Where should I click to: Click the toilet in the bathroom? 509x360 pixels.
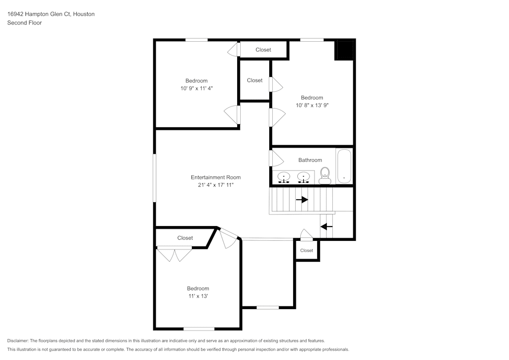pos(325,176)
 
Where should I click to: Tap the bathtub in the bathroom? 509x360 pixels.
pos(344,166)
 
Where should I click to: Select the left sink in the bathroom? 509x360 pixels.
pos(284,177)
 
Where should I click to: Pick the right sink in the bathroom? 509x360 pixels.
pos(303,177)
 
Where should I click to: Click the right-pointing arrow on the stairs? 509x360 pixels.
pos(302,200)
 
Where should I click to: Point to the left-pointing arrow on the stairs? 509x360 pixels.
pos(326,226)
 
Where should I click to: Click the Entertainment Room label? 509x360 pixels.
pos(216,177)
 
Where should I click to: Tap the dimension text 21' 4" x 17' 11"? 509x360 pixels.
pos(216,185)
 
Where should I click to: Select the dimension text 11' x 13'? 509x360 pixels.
pos(197,296)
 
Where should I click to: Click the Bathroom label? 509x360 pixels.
pos(310,160)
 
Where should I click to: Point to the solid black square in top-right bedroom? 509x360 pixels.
pos(344,50)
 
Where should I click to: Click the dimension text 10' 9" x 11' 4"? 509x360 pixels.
pos(196,88)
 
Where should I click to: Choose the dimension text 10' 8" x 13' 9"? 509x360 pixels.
pos(312,105)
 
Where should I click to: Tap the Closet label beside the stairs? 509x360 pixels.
pos(306,251)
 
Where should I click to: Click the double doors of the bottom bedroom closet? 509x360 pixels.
pos(175,254)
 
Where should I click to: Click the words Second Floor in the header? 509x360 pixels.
pos(24,23)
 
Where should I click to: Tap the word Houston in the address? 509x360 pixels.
pos(83,14)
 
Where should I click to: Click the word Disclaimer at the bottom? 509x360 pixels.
pos(18,341)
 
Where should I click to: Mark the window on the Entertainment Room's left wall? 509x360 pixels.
pos(155,178)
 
